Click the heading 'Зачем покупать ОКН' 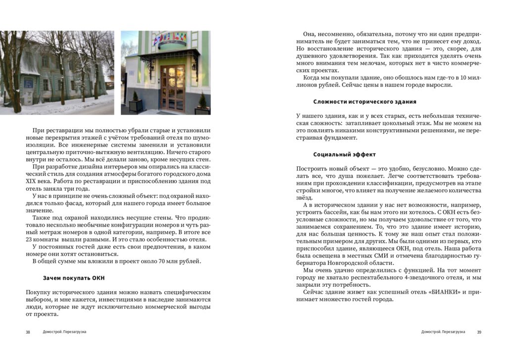(74, 278)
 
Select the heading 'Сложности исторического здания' (365, 102)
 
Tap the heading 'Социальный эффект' (345, 154)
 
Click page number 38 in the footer (28, 332)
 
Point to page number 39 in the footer (479, 332)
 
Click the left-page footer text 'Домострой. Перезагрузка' (64, 332)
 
